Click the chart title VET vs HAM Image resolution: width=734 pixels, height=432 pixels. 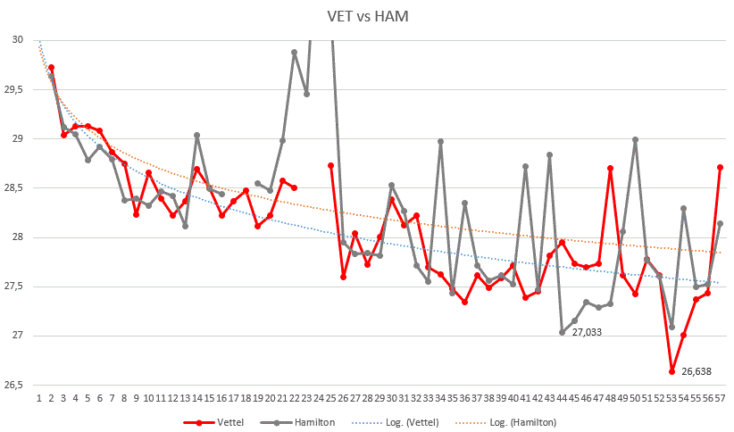[366, 17]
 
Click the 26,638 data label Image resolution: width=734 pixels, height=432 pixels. [696, 371]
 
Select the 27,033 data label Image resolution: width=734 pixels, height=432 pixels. [586, 332]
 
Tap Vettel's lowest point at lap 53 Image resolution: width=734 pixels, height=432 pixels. [671, 371]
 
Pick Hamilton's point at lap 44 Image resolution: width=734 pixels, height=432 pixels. [563, 332]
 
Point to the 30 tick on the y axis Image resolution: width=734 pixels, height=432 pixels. [17, 40]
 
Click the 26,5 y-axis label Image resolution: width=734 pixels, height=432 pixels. [13, 385]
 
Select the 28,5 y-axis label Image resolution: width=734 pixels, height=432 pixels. [13, 188]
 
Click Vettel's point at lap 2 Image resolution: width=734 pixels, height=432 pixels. [52, 68]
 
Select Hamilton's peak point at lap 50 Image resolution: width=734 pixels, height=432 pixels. [635, 139]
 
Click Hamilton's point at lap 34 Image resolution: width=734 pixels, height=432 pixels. [440, 141]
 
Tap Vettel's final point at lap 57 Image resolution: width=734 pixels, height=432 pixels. [720, 168]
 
